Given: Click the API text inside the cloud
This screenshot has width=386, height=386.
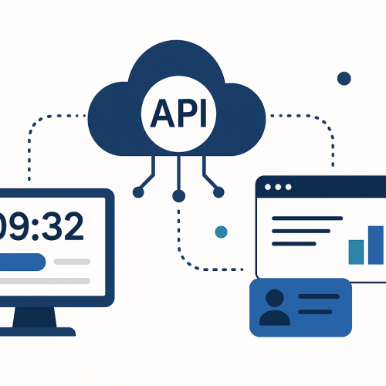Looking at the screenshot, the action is pyautogui.click(x=178, y=113).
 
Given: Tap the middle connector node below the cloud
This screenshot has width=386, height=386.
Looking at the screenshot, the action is pyautogui.click(x=178, y=196).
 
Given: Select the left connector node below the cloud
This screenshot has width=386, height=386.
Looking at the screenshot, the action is pyautogui.click(x=138, y=192).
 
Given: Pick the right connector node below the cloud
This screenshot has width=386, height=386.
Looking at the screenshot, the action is pyautogui.click(x=218, y=192).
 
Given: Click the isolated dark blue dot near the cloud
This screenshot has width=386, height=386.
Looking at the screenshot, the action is pyautogui.click(x=344, y=78).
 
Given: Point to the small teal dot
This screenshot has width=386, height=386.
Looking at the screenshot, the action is pyautogui.click(x=221, y=232).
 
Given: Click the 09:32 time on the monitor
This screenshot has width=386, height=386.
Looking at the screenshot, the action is pyautogui.click(x=41, y=226).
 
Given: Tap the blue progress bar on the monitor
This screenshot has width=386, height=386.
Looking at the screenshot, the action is pyautogui.click(x=22, y=262).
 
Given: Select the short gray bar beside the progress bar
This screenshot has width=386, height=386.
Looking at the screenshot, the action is pyautogui.click(x=72, y=262).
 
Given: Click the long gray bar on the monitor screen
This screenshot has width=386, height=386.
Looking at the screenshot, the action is pyautogui.click(x=45, y=281).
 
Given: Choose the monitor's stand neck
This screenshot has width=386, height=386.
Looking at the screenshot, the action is pyautogui.click(x=35, y=317).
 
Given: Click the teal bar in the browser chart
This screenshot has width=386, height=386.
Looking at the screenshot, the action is pyautogui.click(x=356, y=252).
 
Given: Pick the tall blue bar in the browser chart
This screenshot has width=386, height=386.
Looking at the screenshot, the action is pyautogui.click(x=376, y=245).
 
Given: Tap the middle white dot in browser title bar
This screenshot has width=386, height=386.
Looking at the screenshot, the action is pyautogui.click(x=278, y=187).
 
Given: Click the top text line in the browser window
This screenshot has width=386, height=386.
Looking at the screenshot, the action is pyautogui.click(x=307, y=218).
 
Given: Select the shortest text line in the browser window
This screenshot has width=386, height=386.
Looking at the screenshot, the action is pyautogui.click(x=294, y=244).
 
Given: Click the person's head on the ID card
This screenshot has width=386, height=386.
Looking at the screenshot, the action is pyautogui.click(x=275, y=298).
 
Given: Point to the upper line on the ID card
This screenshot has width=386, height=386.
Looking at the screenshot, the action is pyautogui.click(x=319, y=296).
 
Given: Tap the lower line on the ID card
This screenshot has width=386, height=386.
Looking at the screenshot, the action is pyautogui.click(x=315, y=312).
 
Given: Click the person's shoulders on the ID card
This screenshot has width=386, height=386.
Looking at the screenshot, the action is pyautogui.click(x=275, y=318).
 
